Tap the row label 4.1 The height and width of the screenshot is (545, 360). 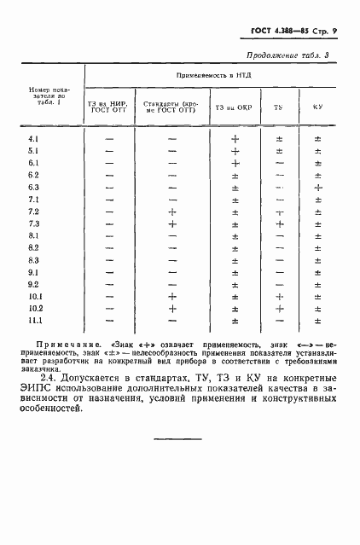pos(34,139)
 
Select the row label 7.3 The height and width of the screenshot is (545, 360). pos(34,223)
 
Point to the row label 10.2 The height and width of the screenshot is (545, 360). pos(35,308)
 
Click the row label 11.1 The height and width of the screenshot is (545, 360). pos(35,321)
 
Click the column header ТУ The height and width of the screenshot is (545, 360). pos(278,107)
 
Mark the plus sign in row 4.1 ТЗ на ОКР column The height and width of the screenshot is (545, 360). pos(235,139)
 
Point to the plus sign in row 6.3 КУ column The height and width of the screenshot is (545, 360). pos(317,188)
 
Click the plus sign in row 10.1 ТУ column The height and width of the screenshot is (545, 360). pos(279,296)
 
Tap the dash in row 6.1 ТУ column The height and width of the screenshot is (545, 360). pos(279,163)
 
